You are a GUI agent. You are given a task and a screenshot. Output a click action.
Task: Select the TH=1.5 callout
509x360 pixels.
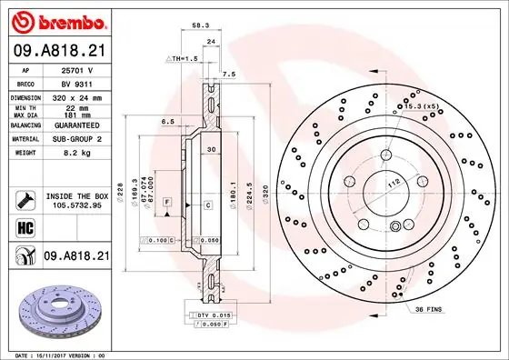[181, 57]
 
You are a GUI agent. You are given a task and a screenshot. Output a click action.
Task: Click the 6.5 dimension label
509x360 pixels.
[167, 120]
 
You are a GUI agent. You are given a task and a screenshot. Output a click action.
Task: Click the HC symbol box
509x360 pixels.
[23, 227]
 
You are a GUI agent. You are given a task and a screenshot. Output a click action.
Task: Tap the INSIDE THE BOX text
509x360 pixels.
[76, 195]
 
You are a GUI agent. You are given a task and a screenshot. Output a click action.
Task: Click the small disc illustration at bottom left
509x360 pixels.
[55, 310]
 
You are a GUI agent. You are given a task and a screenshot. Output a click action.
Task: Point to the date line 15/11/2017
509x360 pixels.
[55, 354]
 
